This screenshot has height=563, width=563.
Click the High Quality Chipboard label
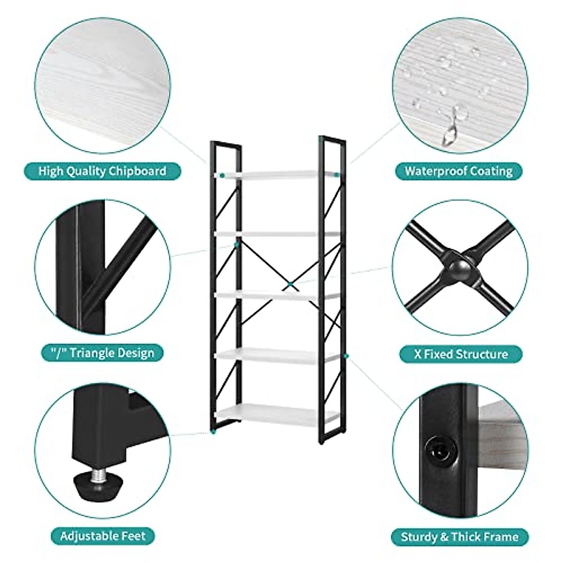pos(102,171)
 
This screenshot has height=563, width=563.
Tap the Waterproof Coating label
pos(458,171)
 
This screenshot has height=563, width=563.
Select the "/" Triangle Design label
pos(102,352)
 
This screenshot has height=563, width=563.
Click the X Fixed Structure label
pos(461,354)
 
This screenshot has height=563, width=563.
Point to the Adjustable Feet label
pos(103,535)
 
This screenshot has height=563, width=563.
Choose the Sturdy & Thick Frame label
pos(460,537)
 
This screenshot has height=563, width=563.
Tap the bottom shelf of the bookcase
pos(277,413)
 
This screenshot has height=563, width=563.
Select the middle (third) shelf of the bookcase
pos(277,295)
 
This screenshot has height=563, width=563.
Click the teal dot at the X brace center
pos(290,283)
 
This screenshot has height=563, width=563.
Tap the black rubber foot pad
pos(99,495)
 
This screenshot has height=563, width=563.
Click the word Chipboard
pos(137,171)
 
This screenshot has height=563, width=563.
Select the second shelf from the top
pos(277,233)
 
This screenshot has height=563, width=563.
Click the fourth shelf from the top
pos(277,356)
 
